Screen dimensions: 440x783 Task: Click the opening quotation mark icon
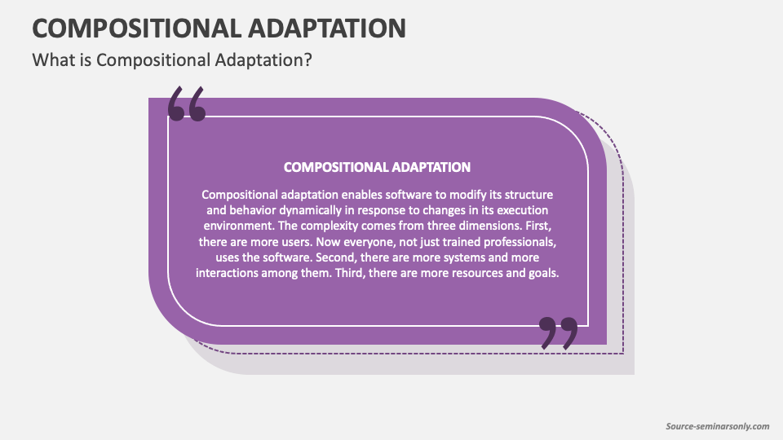click(186, 103)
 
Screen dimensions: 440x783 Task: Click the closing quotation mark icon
click(559, 333)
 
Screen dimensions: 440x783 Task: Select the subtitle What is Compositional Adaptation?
click(171, 60)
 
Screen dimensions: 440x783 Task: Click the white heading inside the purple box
click(377, 167)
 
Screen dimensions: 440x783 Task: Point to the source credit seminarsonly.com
click(718, 425)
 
